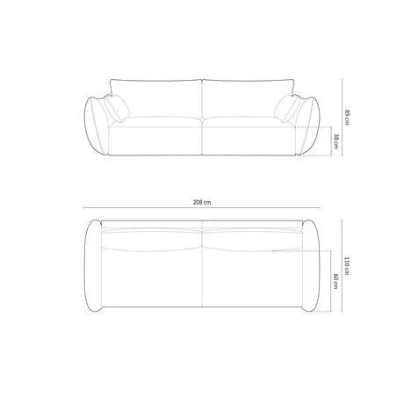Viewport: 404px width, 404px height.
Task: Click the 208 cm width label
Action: [202, 202]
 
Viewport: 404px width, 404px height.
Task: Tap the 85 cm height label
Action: [347, 118]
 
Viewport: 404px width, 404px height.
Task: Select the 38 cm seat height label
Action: [335, 141]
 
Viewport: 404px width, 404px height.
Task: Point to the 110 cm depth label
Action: [347, 266]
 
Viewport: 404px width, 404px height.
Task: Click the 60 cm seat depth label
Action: [335, 281]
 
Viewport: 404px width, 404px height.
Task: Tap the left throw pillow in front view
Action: [118, 108]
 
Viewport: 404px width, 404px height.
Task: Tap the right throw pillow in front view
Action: [287, 108]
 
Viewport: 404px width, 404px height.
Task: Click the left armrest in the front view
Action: [97, 126]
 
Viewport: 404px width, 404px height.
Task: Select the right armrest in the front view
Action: [308, 126]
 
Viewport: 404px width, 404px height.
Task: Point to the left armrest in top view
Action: [93, 265]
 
